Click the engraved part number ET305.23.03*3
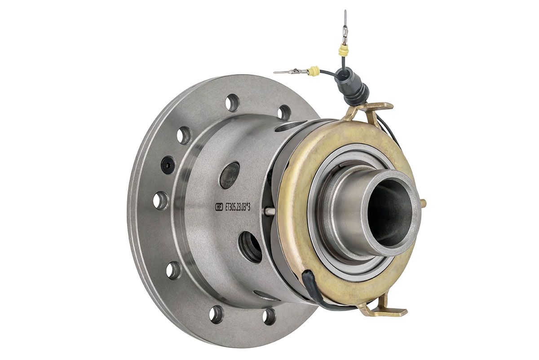point(238,207)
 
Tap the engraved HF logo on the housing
point(219,206)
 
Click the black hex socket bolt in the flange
point(168,165)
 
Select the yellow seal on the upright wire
point(343,51)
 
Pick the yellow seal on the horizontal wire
point(314,71)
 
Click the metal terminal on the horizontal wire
point(291,71)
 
